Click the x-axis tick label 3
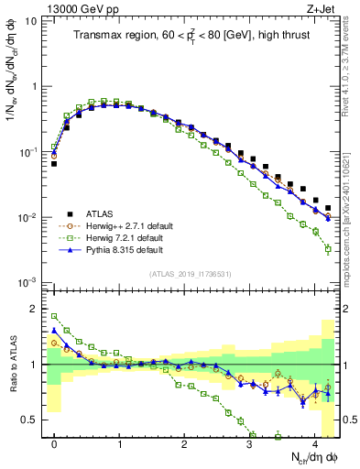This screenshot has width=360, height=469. (x=250, y=442)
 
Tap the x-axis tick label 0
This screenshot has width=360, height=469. (x=54, y=442)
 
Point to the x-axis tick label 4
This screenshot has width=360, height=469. (x=315, y=442)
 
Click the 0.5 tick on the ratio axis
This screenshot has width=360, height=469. (x=31, y=420)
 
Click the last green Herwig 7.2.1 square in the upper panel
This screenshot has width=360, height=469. (x=328, y=248)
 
